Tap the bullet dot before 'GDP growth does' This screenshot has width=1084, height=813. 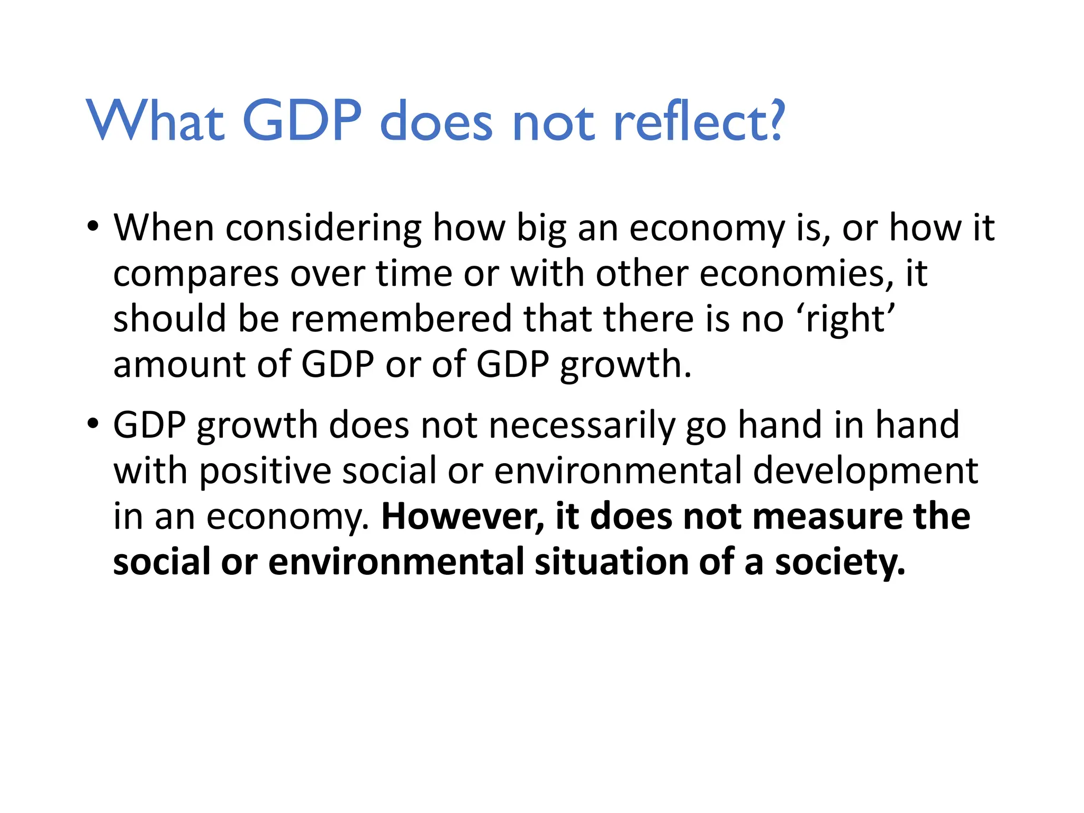93,424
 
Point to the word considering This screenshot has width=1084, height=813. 323,229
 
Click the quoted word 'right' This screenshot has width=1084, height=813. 850,320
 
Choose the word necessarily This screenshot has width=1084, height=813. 582,426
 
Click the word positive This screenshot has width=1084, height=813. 265,471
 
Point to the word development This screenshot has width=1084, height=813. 865,471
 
